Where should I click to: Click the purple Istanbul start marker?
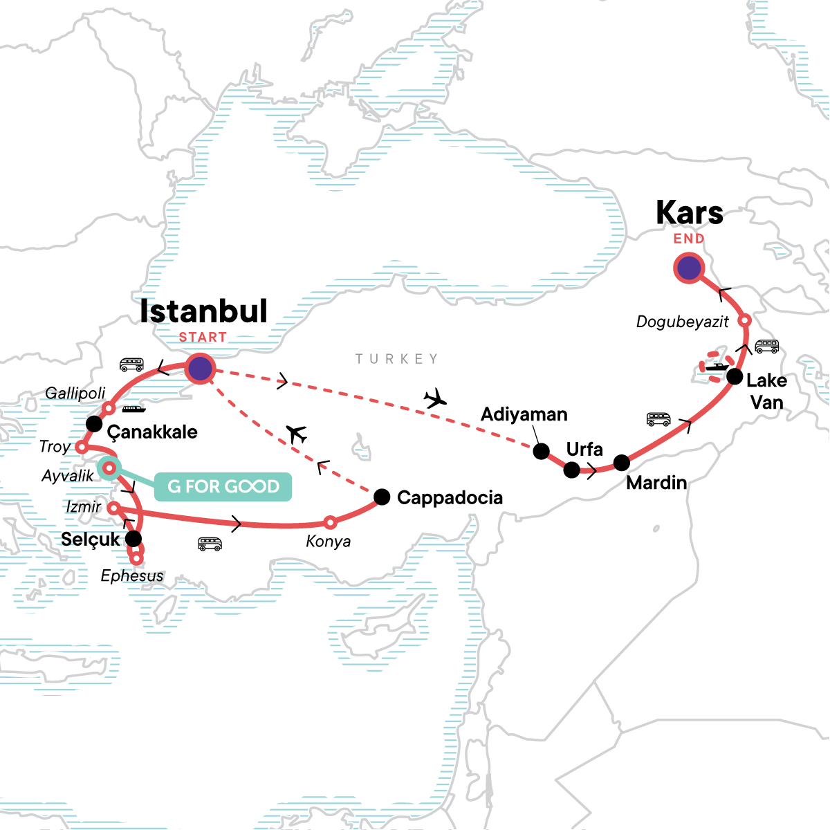click(x=200, y=369)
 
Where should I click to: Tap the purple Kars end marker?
click(x=688, y=268)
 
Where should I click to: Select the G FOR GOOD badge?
click(x=223, y=487)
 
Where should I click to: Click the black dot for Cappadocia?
click(x=382, y=497)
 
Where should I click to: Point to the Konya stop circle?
click(x=331, y=522)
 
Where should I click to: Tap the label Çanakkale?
click(x=152, y=432)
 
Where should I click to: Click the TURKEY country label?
click(x=397, y=359)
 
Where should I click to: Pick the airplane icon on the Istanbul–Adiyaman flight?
click(x=435, y=399)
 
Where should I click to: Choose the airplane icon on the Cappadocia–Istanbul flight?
click(x=297, y=434)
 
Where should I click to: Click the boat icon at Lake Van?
click(x=717, y=367)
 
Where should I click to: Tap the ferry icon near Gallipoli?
click(x=134, y=409)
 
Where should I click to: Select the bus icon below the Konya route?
click(x=210, y=544)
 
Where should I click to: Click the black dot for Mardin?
click(x=622, y=463)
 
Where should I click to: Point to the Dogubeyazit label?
click(x=682, y=322)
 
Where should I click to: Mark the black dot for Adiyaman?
click(x=542, y=452)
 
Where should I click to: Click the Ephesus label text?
click(x=132, y=576)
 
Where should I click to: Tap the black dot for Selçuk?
click(x=133, y=538)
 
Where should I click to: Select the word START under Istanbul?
click(x=203, y=338)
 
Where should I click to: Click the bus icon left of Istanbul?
click(x=131, y=365)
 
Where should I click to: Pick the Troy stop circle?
click(x=81, y=447)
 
